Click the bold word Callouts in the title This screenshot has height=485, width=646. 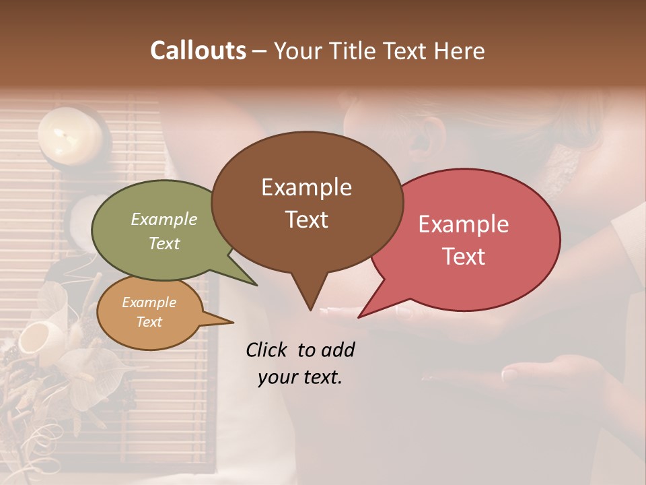[x=198, y=51]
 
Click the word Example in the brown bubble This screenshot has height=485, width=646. [x=306, y=187]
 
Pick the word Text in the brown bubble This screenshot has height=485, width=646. [x=306, y=220]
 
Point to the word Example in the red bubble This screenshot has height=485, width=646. [x=464, y=224]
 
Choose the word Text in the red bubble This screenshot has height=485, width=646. [x=464, y=257]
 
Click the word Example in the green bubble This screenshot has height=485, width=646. [x=164, y=220]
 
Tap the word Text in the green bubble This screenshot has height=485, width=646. [x=164, y=243]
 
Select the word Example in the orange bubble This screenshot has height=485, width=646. [x=149, y=302]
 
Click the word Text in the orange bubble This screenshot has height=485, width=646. [x=149, y=322]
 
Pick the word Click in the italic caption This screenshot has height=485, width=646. [x=267, y=350]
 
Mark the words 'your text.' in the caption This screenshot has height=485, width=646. [x=300, y=377]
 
